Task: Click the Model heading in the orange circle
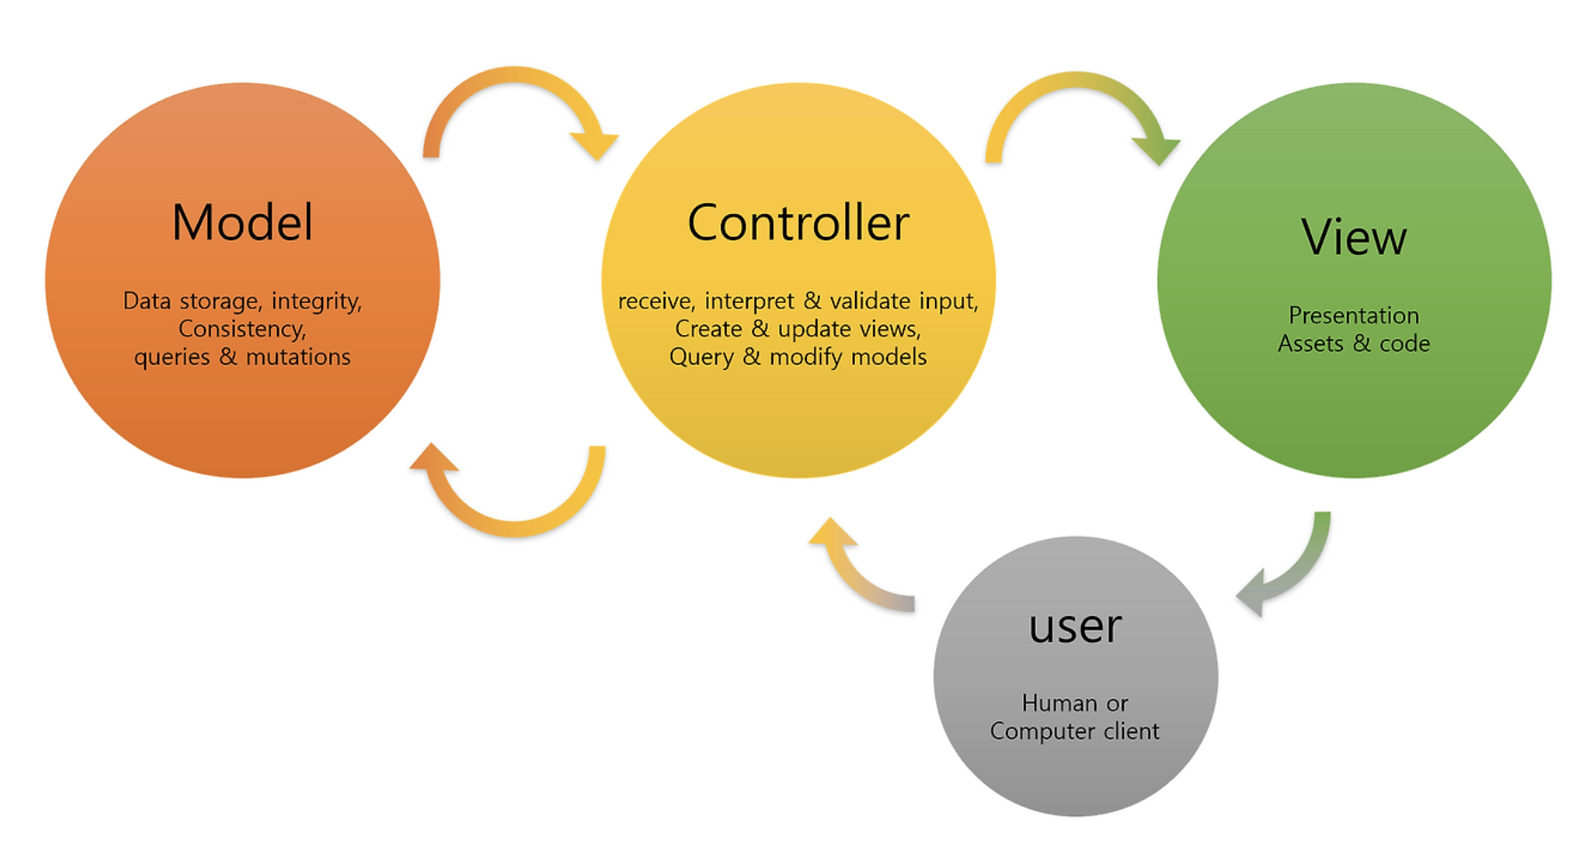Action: click(x=242, y=223)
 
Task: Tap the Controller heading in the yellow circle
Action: click(x=798, y=223)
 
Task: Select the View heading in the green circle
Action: click(x=1354, y=238)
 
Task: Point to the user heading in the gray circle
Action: click(x=1075, y=625)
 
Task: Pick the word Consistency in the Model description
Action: click(x=241, y=329)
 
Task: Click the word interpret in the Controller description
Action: click(x=749, y=301)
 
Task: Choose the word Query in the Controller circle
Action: click(x=701, y=357)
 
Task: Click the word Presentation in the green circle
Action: click(x=1354, y=315)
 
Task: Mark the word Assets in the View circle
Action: click(x=1310, y=344)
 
